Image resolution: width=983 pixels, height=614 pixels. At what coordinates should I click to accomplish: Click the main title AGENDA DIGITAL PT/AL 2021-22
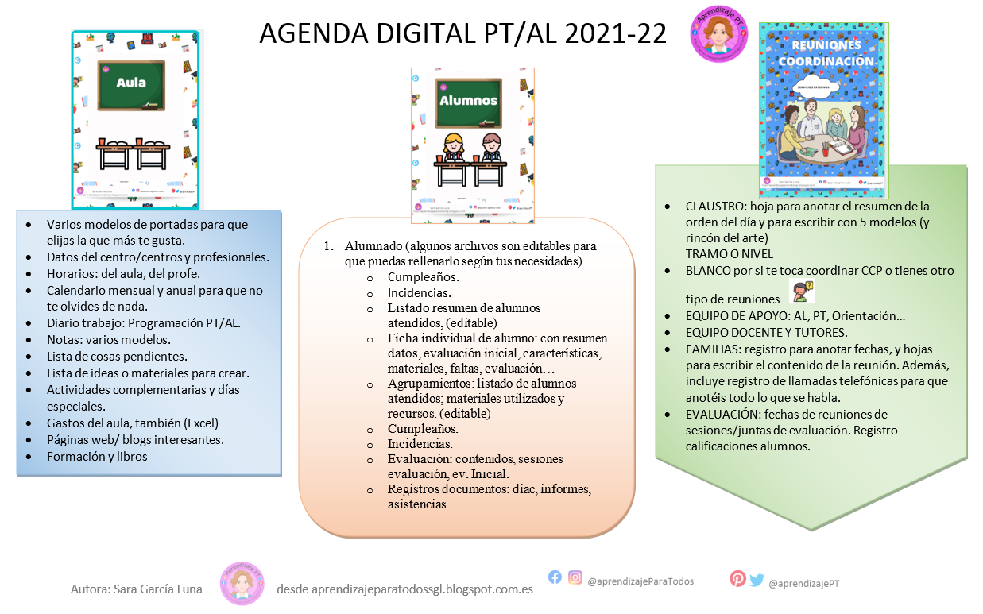(x=462, y=33)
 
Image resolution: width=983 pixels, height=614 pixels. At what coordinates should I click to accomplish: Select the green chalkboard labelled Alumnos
(x=468, y=102)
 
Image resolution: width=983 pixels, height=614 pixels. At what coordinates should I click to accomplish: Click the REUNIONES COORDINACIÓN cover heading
(x=825, y=53)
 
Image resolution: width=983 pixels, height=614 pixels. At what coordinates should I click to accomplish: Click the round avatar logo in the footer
(x=242, y=585)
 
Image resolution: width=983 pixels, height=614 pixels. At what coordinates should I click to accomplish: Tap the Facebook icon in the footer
(x=555, y=577)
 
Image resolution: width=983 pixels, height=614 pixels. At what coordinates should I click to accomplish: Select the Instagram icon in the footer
(x=575, y=577)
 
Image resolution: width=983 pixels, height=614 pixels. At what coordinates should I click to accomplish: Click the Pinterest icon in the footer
(x=737, y=579)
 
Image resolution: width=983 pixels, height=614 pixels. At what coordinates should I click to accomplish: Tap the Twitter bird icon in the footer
(x=757, y=580)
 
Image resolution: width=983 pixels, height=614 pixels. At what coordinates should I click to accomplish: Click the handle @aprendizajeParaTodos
(x=640, y=581)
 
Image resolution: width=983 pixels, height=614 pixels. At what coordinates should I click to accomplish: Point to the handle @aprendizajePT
(x=803, y=583)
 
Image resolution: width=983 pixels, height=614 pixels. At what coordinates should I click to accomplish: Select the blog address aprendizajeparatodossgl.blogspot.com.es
(x=404, y=589)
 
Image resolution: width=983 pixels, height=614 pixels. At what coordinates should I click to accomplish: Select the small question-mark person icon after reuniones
(x=803, y=292)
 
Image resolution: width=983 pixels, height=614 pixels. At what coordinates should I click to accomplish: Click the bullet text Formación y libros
(x=97, y=456)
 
